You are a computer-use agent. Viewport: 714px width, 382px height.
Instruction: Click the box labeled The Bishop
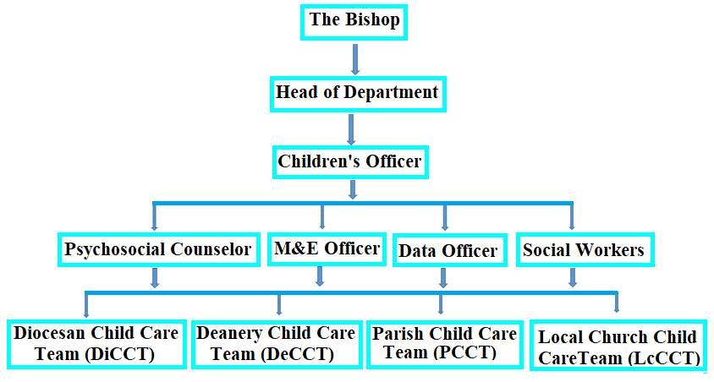click(x=354, y=22)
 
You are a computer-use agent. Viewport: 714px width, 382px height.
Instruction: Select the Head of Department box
click(x=358, y=94)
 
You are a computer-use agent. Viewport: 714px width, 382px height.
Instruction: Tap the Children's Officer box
click(x=350, y=162)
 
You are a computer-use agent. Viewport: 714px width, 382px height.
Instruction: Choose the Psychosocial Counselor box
click(x=159, y=249)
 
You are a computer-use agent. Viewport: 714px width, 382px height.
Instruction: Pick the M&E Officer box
click(x=327, y=248)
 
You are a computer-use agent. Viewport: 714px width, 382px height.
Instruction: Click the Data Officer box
click(x=449, y=250)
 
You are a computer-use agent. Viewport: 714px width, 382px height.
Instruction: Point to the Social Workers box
click(x=585, y=249)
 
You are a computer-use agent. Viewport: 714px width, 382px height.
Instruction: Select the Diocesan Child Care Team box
click(x=96, y=344)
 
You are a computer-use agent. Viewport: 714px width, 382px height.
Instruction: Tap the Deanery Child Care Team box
click(x=277, y=344)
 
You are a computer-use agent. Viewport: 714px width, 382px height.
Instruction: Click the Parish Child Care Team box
click(x=445, y=344)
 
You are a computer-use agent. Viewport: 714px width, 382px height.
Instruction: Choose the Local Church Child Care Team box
click(x=618, y=345)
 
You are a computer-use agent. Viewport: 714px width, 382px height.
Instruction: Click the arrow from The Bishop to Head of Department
click(x=355, y=59)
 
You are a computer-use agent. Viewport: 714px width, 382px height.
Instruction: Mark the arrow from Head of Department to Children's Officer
click(x=351, y=129)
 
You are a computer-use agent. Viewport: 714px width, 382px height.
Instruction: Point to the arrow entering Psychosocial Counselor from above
click(x=154, y=218)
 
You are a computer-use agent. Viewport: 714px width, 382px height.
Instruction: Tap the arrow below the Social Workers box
click(x=573, y=277)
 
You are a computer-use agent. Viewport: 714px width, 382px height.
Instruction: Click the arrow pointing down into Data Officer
click(x=445, y=218)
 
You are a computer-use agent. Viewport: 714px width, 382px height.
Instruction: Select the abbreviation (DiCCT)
click(x=120, y=354)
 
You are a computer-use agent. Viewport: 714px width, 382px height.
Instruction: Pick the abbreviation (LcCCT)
click(x=664, y=359)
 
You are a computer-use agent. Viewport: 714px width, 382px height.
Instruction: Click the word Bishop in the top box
click(x=372, y=20)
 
